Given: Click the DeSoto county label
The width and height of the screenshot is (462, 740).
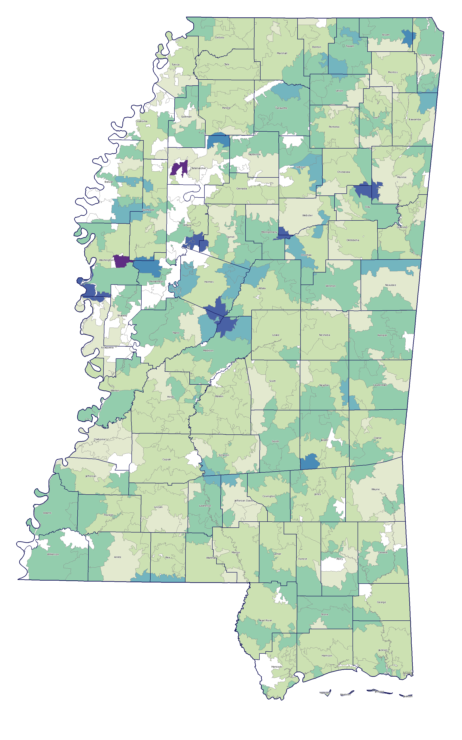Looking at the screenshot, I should point(219,38).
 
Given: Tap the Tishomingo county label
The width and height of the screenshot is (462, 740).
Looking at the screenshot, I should point(428,55).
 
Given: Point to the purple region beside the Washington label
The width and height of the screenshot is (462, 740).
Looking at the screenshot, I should point(121,261).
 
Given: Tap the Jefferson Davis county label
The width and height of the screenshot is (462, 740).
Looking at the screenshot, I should point(243,501).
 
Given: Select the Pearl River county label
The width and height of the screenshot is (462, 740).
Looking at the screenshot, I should point(265,620).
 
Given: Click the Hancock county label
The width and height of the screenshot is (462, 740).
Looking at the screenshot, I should point(277,667).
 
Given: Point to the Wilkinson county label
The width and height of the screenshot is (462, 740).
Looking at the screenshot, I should point(53,554).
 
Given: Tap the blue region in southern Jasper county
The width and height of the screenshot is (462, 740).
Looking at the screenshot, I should point(310,461).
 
